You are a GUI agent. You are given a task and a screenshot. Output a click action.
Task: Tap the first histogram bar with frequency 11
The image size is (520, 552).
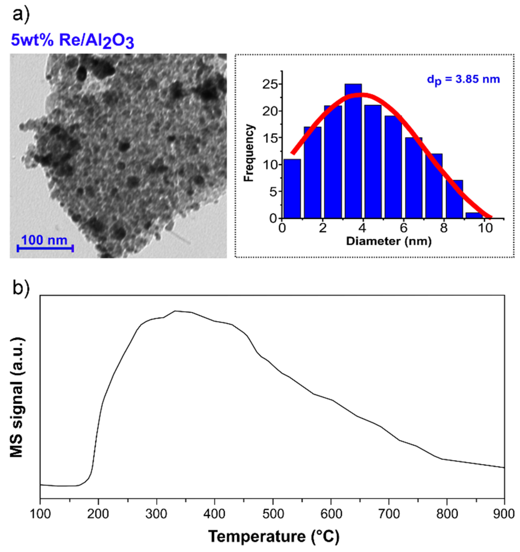click(292, 189)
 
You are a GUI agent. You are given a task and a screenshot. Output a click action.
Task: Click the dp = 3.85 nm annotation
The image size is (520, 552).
click(463, 80)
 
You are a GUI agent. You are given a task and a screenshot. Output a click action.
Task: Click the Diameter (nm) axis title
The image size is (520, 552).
click(389, 241)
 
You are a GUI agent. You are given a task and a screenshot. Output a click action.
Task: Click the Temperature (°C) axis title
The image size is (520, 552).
click(273, 536)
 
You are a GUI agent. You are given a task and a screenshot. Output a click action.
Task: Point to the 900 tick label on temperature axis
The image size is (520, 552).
click(504, 514)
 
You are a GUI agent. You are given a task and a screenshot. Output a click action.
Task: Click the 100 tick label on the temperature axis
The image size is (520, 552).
click(40, 514)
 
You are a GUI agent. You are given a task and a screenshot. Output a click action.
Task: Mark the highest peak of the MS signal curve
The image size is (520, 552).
click(175, 311)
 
